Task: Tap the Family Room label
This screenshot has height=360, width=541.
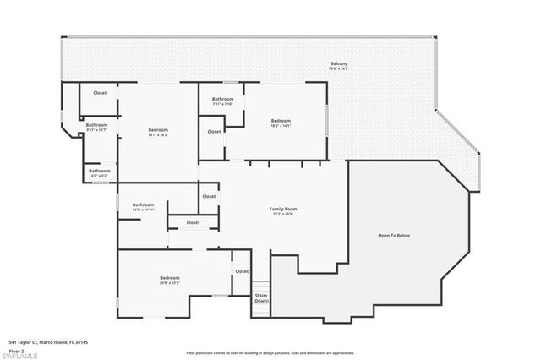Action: click(283, 209)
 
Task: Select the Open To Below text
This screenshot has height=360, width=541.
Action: click(393, 235)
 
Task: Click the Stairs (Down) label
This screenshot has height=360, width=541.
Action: click(261, 298)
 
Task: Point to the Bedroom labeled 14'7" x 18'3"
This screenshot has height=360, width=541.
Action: click(158, 129)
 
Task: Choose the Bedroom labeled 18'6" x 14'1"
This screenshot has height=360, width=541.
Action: click(281, 121)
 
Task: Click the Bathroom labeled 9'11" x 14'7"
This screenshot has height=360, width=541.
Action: click(96, 125)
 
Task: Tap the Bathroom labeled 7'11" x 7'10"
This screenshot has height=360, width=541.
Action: click(222, 99)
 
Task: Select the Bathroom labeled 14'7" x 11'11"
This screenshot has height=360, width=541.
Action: click(143, 205)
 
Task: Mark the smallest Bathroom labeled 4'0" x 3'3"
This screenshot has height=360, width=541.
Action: click(99, 172)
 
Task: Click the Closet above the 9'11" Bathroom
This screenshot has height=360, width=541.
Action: click(100, 93)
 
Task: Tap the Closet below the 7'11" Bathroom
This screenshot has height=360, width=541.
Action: click(214, 131)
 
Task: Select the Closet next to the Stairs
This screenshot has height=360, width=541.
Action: click(242, 271)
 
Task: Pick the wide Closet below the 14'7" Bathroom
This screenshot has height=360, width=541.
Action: click(193, 222)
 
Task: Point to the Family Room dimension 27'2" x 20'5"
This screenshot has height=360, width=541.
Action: click(283, 214)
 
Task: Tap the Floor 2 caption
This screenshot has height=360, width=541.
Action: click(16, 349)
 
